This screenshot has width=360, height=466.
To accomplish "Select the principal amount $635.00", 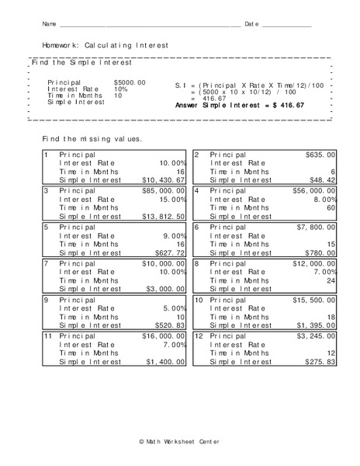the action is click(320, 155).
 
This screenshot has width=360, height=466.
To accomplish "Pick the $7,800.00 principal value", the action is click(317, 228).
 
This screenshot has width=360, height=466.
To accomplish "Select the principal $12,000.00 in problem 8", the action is click(314, 264).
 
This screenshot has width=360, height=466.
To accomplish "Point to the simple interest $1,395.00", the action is click(317, 325).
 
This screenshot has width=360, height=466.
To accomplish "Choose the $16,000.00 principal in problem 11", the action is click(162, 336).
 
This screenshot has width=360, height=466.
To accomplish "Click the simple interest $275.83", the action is click(320, 362).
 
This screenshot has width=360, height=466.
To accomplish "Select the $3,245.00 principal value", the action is click(317, 336).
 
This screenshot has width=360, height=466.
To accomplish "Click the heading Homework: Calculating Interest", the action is click(105, 46).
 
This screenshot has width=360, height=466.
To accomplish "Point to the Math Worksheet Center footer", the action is click(179, 441).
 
